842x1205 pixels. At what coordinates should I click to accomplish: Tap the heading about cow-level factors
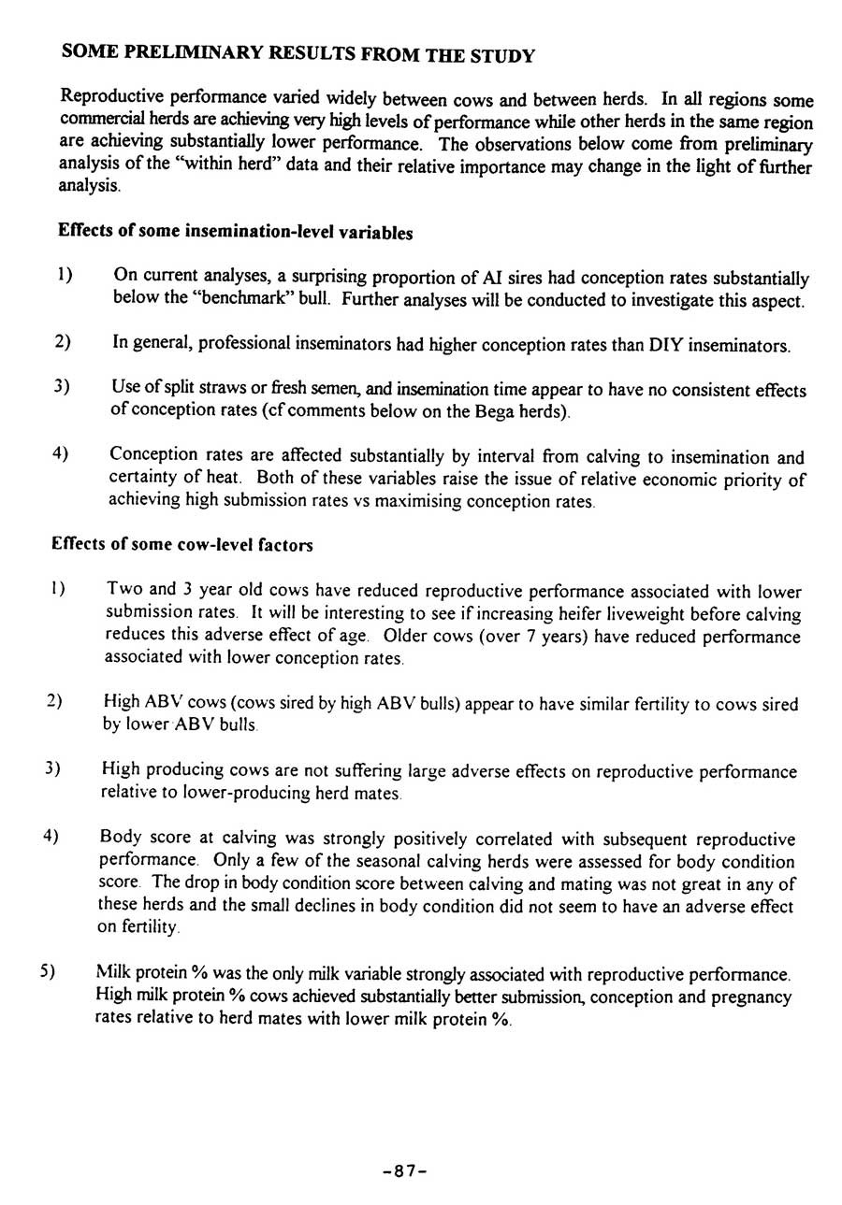(x=181, y=544)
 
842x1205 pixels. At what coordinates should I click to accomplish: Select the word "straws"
(x=223, y=389)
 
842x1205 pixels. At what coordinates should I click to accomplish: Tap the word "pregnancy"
(x=751, y=997)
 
